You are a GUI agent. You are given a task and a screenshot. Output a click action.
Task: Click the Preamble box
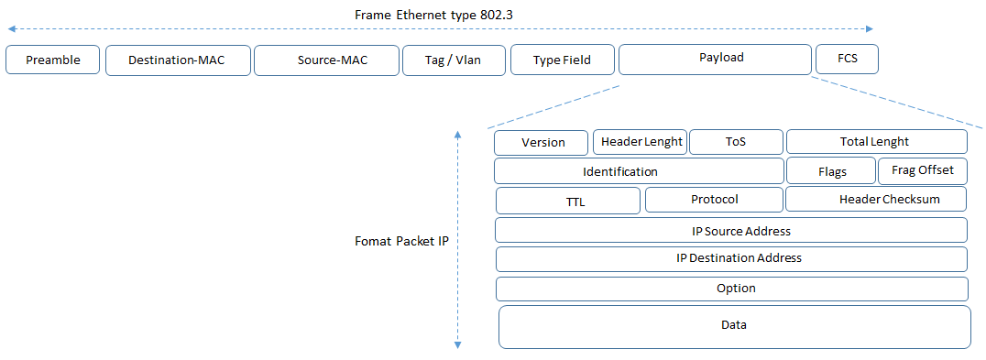point(52,60)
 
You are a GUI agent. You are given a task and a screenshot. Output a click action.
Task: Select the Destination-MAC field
point(177,60)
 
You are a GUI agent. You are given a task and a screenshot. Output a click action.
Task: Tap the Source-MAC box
point(325,60)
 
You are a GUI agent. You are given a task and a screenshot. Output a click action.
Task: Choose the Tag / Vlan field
point(454,60)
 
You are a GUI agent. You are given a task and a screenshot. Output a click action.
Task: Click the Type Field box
point(563,60)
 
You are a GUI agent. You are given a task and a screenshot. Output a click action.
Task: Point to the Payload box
point(715,59)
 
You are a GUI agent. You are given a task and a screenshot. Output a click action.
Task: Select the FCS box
point(847,60)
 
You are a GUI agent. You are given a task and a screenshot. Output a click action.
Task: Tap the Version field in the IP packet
point(542,143)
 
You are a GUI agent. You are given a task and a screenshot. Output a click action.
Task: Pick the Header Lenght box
point(641,141)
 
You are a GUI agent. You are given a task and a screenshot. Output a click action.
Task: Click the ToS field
point(736,142)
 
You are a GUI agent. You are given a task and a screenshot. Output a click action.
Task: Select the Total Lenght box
point(876,141)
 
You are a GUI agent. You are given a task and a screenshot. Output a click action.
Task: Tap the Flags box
point(831,171)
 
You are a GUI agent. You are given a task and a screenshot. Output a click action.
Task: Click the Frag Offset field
point(922,170)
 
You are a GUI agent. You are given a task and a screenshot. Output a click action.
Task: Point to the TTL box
point(567,201)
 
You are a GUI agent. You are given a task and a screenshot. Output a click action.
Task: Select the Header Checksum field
point(876,200)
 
